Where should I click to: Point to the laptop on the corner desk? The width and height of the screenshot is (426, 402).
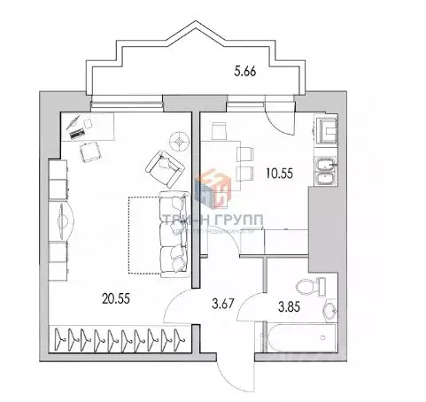77,128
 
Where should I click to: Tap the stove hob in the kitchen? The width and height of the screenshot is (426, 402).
328,131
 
